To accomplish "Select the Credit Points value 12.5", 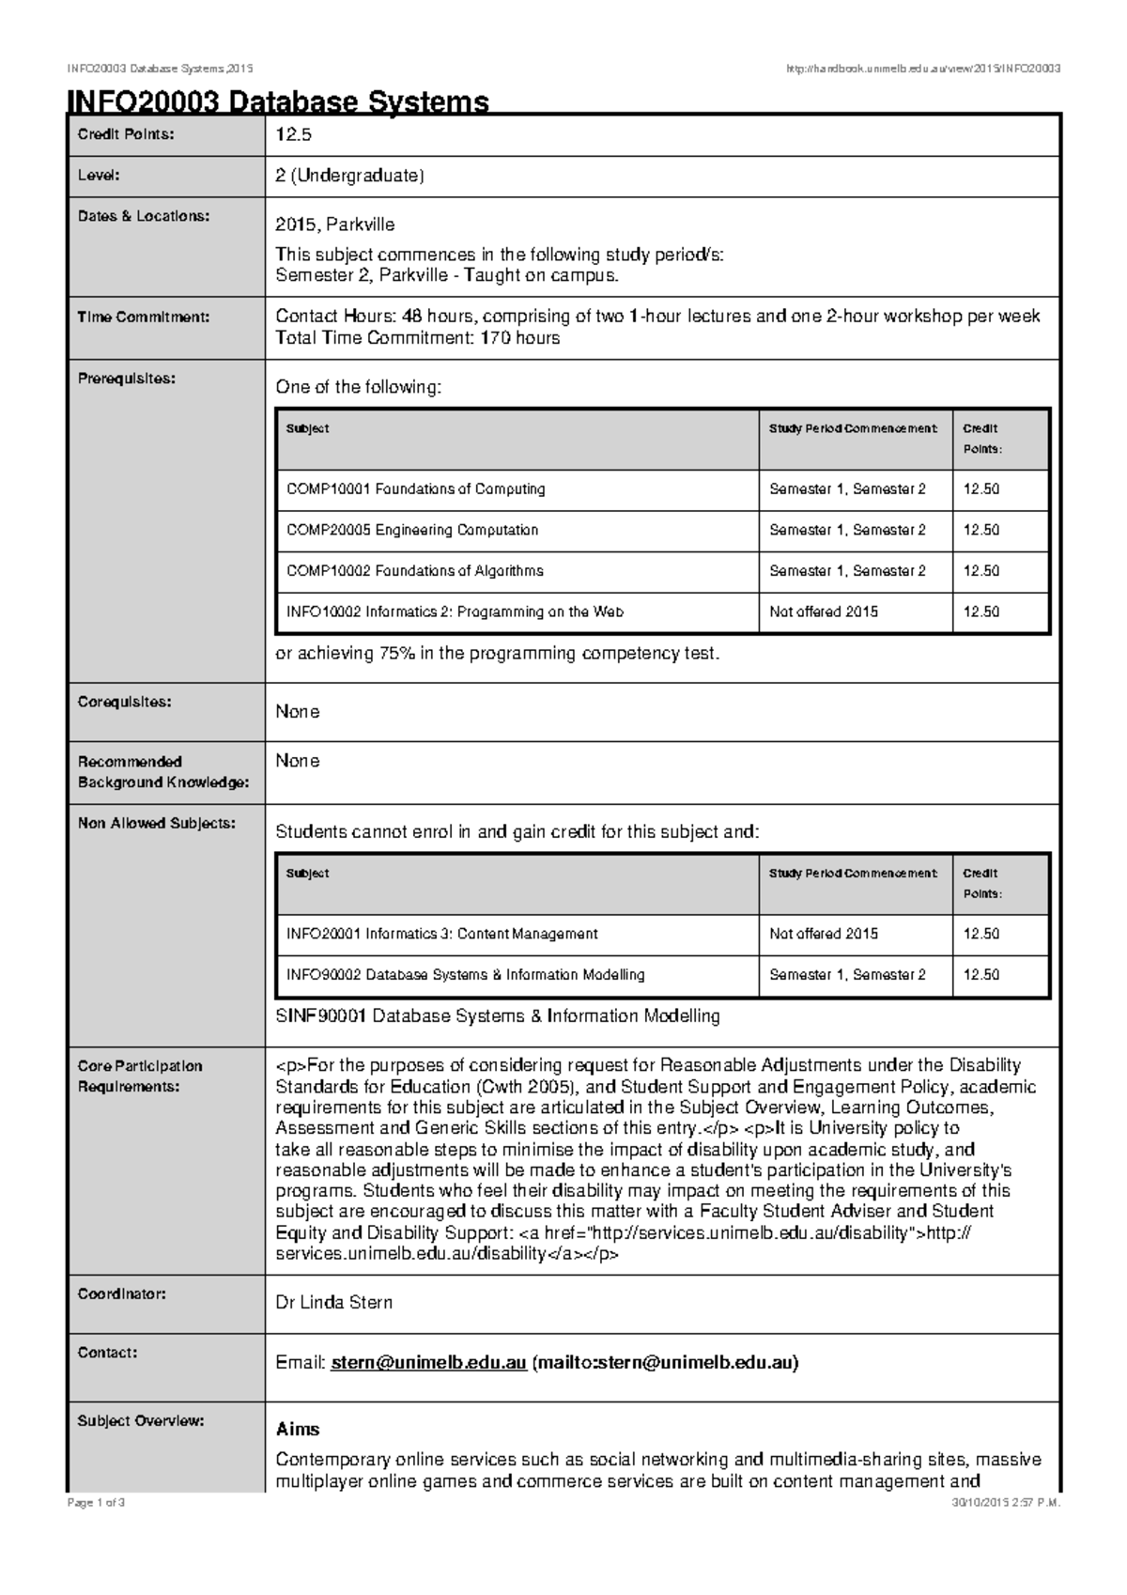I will pos(293,134).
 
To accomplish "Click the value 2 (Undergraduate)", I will pos(349,176).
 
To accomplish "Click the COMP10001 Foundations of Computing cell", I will pos(415,489).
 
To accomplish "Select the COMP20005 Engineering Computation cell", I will pos(412,530).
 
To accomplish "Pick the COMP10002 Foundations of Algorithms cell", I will pos(414,571).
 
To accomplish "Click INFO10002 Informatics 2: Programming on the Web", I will pos(455,612).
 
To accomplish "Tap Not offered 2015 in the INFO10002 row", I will pos(824,612).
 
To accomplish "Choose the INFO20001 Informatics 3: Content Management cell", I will pos(441,934).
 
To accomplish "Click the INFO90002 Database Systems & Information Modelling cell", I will pos(465,975).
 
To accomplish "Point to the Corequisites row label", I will pos(124,702).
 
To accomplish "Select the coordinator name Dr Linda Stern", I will pos(333,1303).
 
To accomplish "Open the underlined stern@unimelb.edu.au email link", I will pos(428,1363).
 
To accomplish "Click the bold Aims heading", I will pos(298,1430).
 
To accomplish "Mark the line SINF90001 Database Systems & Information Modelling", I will pos(497,1016).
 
